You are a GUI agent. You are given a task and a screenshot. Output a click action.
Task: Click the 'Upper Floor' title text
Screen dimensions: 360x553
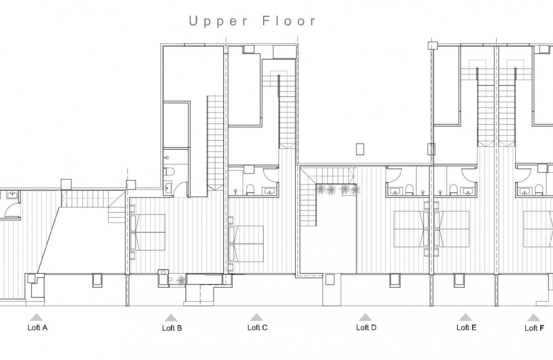tap(253, 21)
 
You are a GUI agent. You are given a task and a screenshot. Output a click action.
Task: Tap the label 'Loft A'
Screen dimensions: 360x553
tap(37, 328)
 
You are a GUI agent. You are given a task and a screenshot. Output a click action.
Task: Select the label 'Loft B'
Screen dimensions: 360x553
tap(171, 328)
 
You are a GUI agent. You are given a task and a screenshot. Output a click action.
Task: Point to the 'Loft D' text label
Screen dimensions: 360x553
tap(366, 328)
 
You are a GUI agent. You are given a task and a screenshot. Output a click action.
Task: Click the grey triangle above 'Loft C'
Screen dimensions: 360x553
tap(256, 317)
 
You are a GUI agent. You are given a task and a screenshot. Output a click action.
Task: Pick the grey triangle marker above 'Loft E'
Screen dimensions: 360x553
tap(466, 317)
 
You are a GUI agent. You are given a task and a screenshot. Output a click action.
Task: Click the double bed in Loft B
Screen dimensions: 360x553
tap(148, 232)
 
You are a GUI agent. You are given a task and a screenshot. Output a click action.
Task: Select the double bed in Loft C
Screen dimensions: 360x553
tap(246, 243)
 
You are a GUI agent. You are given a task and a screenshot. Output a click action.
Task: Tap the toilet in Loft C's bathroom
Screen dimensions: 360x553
tap(250, 190)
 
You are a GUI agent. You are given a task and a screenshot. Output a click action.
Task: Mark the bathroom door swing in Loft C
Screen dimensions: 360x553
tap(270, 175)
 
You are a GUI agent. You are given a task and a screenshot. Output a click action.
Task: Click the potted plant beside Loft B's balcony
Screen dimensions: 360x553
tap(180, 280)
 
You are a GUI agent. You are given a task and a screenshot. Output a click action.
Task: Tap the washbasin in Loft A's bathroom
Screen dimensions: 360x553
tap(12, 195)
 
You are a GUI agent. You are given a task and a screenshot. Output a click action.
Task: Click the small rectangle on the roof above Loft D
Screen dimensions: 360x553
tap(360, 149)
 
